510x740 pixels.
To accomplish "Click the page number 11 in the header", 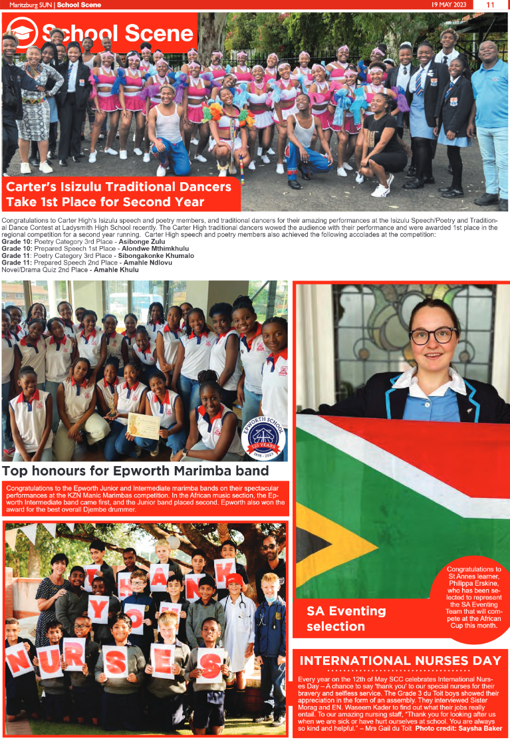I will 490,5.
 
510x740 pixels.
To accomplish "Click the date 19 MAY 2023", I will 451,5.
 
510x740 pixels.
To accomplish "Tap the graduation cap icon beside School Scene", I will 21,33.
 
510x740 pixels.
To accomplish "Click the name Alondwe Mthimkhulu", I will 151,249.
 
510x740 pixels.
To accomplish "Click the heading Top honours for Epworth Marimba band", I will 135,471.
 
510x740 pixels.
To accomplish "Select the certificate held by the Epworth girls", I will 144,426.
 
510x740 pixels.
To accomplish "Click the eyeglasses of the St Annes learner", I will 433,335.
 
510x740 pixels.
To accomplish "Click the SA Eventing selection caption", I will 346,618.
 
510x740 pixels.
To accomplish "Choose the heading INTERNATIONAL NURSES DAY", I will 400,660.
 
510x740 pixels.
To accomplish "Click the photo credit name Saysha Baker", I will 478,729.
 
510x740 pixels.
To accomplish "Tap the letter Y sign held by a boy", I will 99,608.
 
